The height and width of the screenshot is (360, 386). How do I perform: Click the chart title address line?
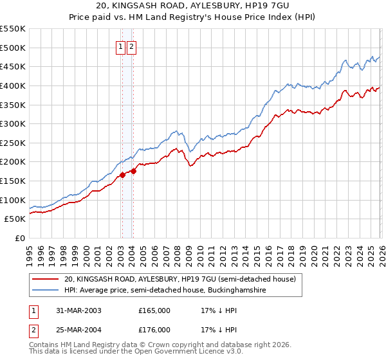pyautogui.click(x=193, y=6)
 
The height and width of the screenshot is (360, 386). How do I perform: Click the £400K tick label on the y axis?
pyautogui.click(x=13, y=85)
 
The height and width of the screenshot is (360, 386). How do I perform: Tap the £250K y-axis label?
pyautogui.click(x=13, y=143)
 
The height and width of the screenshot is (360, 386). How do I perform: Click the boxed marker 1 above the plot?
pyautogui.click(x=121, y=46)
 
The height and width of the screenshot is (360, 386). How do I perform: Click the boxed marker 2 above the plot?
pyautogui.click(x=132, y=46)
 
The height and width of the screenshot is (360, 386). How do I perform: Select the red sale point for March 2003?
pyautogui.click(x=122, y=174)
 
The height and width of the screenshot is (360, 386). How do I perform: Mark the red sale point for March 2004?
pyautogui.click(x=133, y=170)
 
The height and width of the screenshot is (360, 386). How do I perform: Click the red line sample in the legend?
pyautogui.click(x=46, y=280)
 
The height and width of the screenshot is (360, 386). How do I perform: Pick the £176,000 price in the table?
pyautogui.click(x=154, y=330)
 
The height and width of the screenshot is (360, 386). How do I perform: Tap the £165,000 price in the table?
pyautogui.click(x=154, y=310)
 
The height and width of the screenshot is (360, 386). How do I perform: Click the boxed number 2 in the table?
pyautogui.click(x=34, y=330)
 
